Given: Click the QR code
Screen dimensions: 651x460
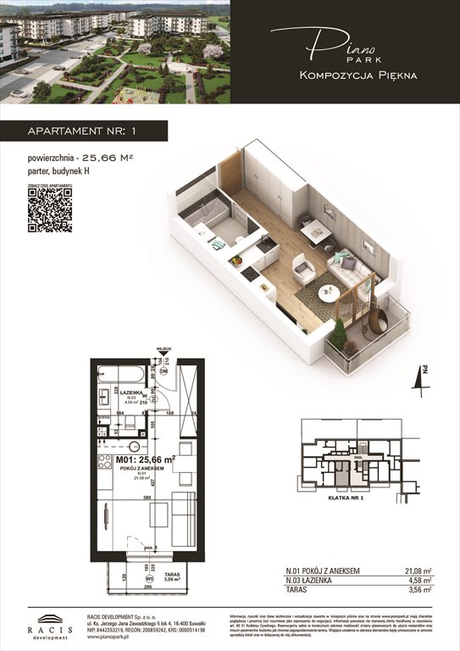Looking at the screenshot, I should coord(49,209).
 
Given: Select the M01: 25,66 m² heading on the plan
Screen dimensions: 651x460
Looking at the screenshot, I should coord(146,459).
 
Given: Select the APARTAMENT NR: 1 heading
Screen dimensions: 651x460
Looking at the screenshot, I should coord(77,131).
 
